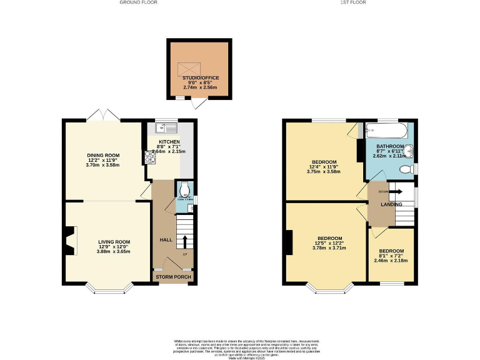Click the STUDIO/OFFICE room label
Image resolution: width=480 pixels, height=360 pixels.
[x=199, y=77]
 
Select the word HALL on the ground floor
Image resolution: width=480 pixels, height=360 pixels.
[x=166, y=239]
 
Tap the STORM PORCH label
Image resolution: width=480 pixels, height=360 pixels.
[x=173, y=277]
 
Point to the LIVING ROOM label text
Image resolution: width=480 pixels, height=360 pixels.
[x=114, y=242]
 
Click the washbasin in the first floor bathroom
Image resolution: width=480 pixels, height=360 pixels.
[x=409, y=151]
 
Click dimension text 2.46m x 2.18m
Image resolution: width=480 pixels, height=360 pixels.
[x=391, y=260]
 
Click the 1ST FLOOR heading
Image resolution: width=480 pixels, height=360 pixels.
[x=352, y=2]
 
